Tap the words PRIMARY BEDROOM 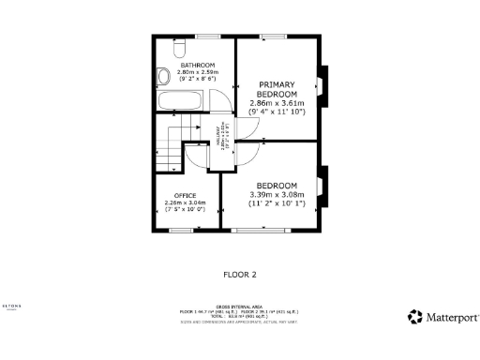[277, 89]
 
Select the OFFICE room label [184, 194]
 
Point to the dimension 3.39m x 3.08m [277, 194]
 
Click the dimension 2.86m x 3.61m [277, 103]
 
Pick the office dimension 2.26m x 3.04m [184, 202]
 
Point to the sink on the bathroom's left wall [161, 77]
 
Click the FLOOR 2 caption [239, 275]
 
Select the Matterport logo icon [413, 317]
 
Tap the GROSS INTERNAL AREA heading [239, 307]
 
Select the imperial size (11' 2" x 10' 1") [277, 202]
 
